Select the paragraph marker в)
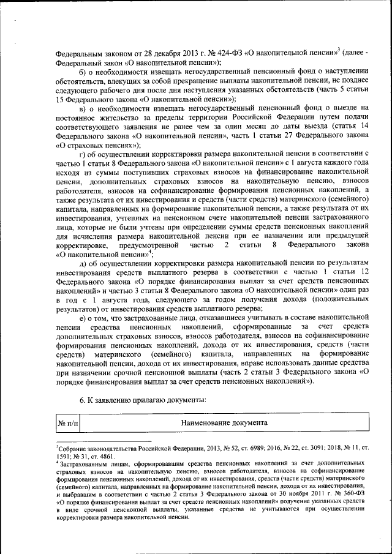84,107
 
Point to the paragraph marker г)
83,152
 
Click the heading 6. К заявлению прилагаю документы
142,399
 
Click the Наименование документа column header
224,423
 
